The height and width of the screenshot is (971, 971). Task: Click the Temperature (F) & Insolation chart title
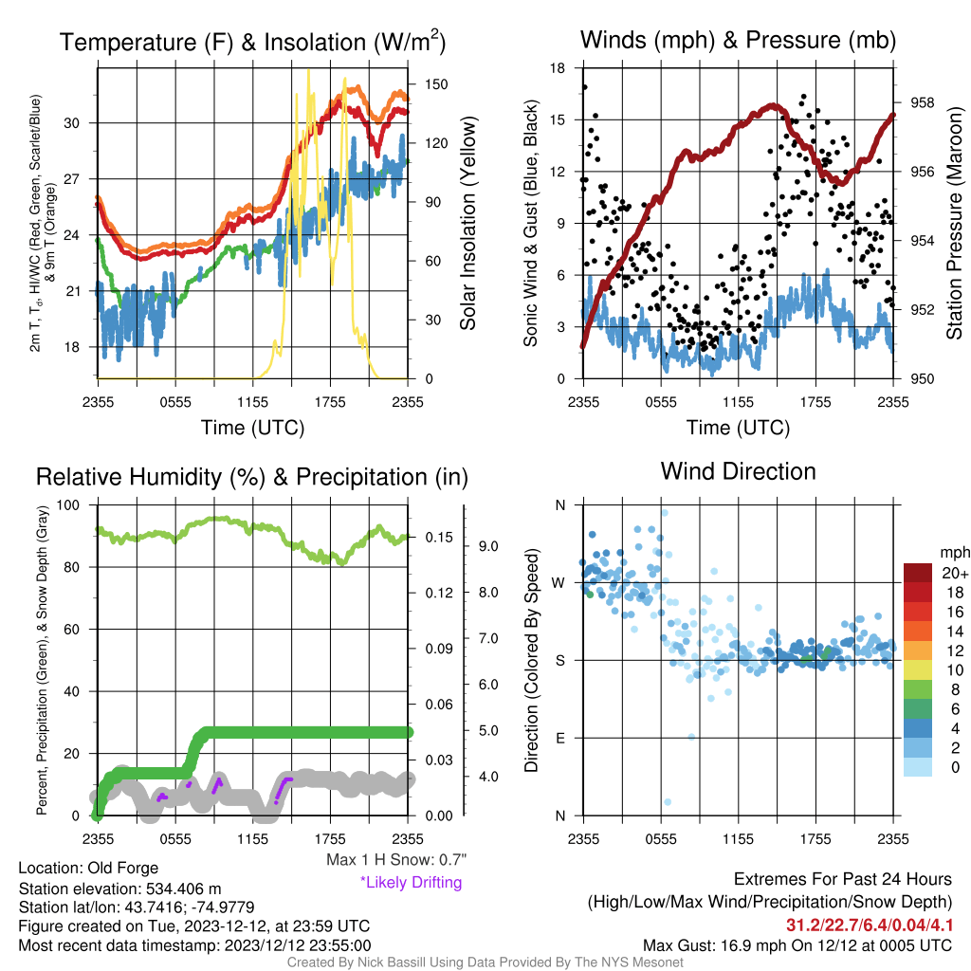point(252,42)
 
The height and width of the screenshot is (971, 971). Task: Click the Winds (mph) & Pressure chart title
point(738,40)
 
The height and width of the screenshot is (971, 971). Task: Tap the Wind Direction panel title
point(738,471)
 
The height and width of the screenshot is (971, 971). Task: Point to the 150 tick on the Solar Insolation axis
point(436,84)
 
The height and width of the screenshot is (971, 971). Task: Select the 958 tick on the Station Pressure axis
point(922,102)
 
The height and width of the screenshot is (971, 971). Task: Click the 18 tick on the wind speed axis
point(558,68)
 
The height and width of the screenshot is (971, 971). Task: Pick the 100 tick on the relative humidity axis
point(68,504)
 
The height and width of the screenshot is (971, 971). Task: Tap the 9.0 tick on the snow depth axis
point(488,546)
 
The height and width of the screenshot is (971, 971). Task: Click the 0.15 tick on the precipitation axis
point(439,538)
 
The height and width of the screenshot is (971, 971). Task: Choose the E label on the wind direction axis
point(560,738)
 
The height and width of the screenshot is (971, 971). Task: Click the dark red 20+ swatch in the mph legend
point(918,573)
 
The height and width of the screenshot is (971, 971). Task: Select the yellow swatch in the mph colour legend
point(918,670)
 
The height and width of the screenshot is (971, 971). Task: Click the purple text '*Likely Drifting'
point(412,882)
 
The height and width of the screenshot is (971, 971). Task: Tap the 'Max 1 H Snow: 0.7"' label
point(396,859)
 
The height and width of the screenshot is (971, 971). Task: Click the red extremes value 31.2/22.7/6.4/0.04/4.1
point(870,925)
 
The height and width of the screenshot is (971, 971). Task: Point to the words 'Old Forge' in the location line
point(123,868)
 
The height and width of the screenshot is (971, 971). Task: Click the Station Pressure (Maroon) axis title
point(954,223)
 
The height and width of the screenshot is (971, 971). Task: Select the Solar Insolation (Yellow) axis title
point(468,223)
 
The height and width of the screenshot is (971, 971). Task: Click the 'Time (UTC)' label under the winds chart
point(738,428)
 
